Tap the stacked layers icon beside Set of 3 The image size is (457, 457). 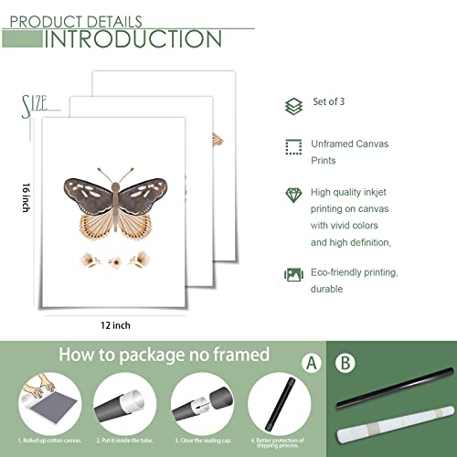coord(292,106)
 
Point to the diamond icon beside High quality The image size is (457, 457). coord(292,194)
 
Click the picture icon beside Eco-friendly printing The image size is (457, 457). coord(292,273)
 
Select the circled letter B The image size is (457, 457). coord(345,363)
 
